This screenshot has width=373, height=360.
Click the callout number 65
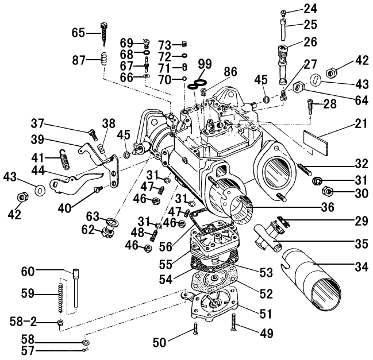79,33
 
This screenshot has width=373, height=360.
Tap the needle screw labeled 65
104,35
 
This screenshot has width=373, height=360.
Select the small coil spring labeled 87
104,59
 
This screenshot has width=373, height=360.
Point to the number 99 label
205,63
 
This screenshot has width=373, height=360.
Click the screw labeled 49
234,324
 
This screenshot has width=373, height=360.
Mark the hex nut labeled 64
298,88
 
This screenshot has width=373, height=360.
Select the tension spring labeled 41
64,158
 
